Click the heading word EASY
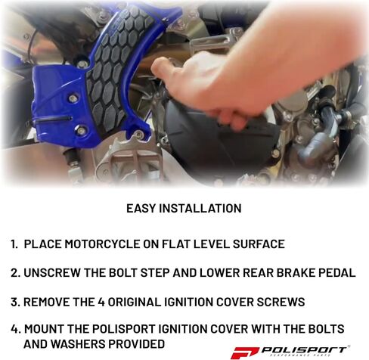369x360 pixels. coord(141,208)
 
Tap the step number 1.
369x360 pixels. coord(14,244)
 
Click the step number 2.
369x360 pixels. coord(14,273)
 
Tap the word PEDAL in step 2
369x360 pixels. coord(336,273)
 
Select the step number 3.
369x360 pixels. coord(14,302)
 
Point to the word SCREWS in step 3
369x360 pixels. coord(279,302)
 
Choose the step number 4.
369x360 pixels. coord(15,330)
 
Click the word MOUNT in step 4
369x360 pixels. coord(45,330)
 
